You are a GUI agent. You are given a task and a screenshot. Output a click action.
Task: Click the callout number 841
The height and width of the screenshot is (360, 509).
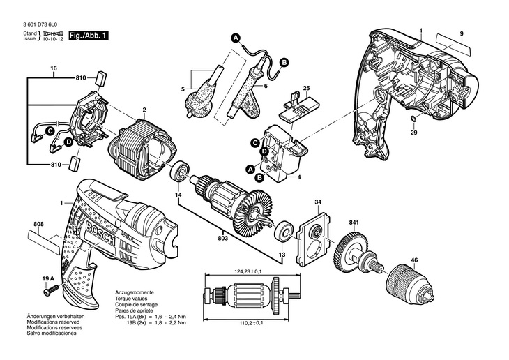pos(354,223)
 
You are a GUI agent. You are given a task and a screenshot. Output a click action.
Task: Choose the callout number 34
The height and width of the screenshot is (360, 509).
pos(318,204)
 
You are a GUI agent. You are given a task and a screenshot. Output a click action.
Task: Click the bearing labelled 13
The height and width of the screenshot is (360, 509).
pos(284,231)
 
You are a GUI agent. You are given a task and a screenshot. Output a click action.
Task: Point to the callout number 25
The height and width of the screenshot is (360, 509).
pos(305,88)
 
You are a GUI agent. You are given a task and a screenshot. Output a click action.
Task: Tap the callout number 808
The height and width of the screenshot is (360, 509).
pos(38,224)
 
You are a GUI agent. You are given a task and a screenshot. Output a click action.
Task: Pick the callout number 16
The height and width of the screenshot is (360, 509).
pos(53,68)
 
